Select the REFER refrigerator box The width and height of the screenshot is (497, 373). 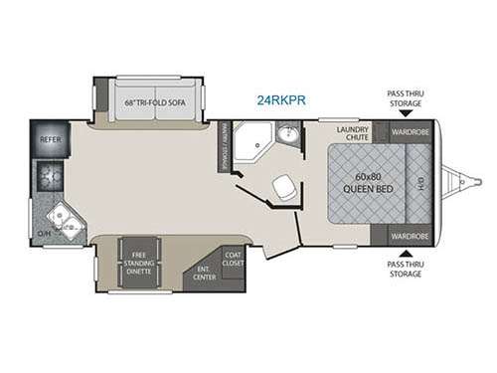tap(51, 140)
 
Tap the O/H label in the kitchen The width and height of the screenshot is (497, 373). tap(43, 234)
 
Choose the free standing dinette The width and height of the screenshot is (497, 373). tap(138, 263)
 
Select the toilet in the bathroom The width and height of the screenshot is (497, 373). tap(284, 186)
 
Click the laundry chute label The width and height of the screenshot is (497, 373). tap(353, 135)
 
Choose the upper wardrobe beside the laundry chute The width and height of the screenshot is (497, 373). tap(409, 131)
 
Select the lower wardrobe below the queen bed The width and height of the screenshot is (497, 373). tap(409, 237)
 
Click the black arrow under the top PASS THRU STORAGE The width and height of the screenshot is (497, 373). tap(409, 115)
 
